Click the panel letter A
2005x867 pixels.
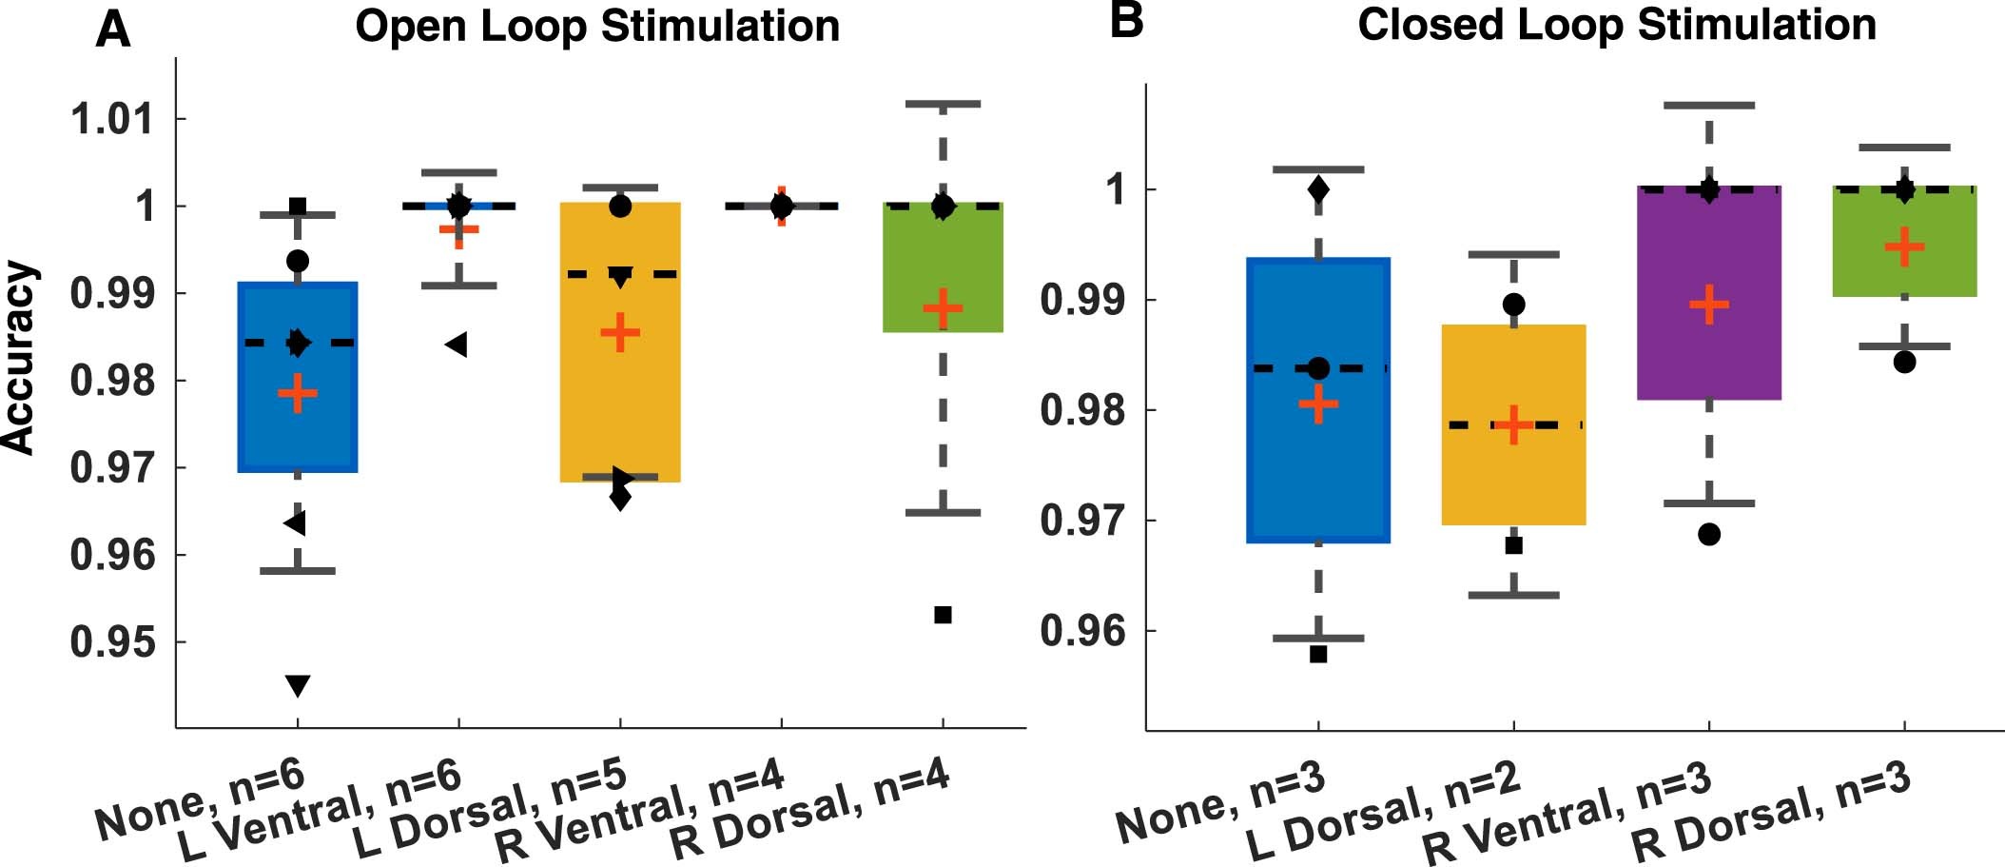click(x=112, y=30)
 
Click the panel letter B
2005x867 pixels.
click(x=1126, y=21)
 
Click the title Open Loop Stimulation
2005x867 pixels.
click(x=597, y=27)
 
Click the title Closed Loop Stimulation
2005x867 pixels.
click(x=1617, y=25)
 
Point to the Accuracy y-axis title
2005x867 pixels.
click(x=19, y=357)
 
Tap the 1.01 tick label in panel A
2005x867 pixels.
click(x=111, y=120)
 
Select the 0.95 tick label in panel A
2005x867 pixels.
click(x=111, y=642)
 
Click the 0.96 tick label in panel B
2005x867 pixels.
click(x=1081, y=631)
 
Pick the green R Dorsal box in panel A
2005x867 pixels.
click(x=943, y=267)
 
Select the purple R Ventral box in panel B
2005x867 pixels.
click(x=1708, y=293)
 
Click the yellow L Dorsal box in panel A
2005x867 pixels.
click(x=620, y=400)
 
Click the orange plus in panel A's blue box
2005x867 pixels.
click(x=298, y=393)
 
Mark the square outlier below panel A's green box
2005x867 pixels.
click(x=943, y=615)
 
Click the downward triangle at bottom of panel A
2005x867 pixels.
click(x=298, y=685)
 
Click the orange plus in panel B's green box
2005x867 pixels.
click(x=1904, y=247)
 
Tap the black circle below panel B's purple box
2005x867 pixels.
click(x=1708, y=535)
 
